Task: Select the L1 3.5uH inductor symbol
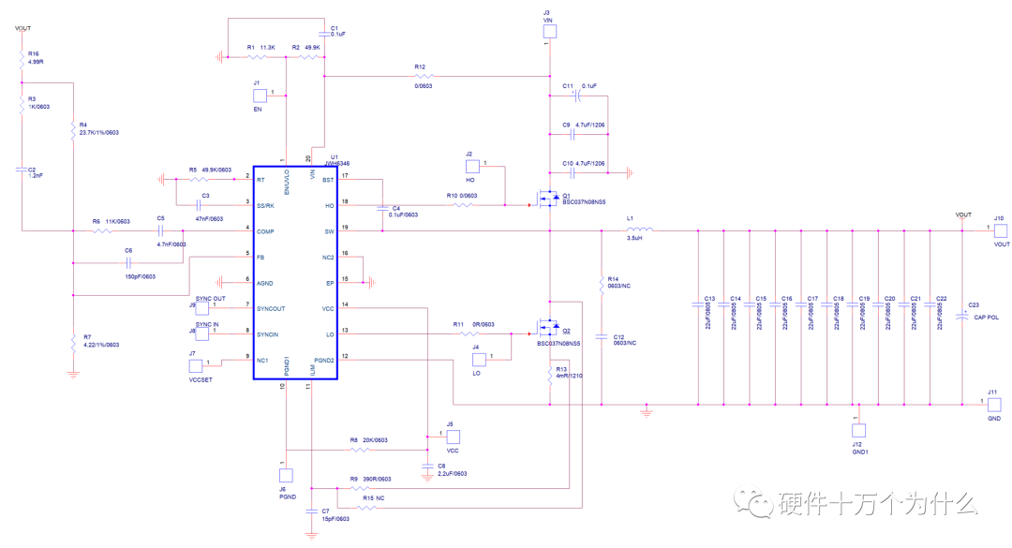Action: click(x=639, y=230)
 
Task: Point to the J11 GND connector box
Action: click(x=995, y=405)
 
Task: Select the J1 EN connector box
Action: click(x=260, y=95)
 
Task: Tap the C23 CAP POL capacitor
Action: click(x=964, y=317)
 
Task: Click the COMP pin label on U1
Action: click(x=266, y=230)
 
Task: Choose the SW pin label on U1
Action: click(x=328, y=230)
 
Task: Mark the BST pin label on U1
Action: click(x=327, y=178)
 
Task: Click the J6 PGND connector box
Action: click(x=286, y=476)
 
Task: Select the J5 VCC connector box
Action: click(x=452, y=437)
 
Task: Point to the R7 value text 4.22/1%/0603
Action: click(x=100, y=345)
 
